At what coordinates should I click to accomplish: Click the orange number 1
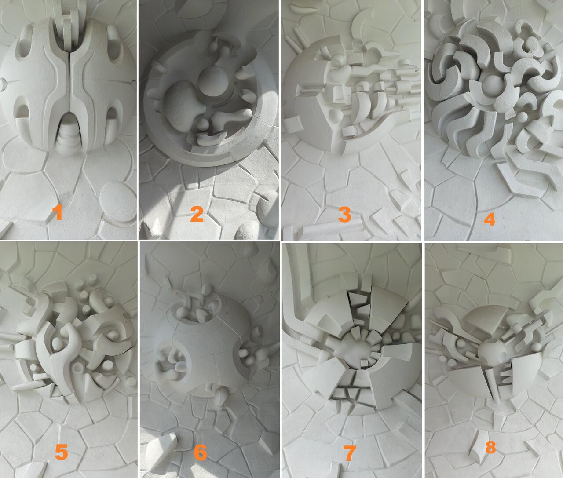coord(58,212)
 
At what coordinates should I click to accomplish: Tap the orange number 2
coord(197,214)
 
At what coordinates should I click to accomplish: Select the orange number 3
coord(344,214)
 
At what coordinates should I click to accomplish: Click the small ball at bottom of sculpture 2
coord(202,125)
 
